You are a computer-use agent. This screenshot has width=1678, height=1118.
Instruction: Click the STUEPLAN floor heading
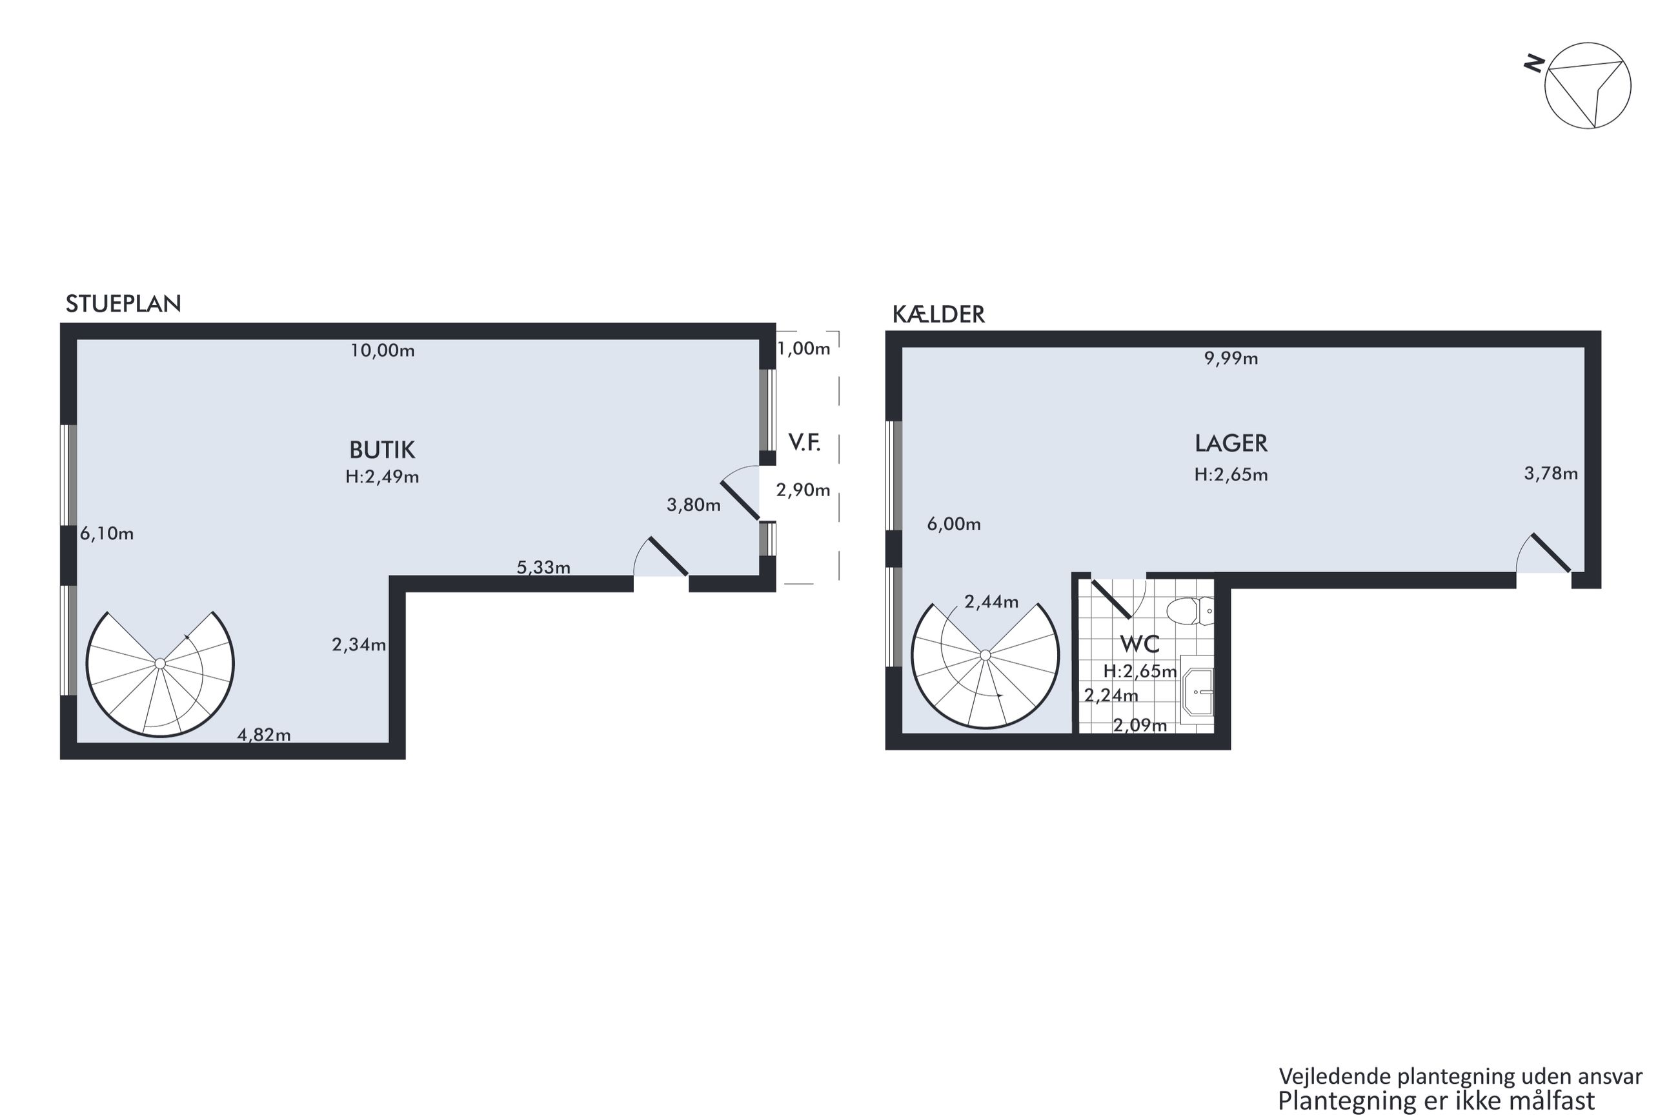(x=123, y=304)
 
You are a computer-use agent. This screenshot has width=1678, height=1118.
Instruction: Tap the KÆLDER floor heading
(x=938, y=314)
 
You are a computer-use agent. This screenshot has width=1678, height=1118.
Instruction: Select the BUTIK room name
(x=381, y=450)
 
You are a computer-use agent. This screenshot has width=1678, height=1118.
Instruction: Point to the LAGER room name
(x=1231, y=443)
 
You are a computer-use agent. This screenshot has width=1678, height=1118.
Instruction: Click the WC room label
(x=1140, y=644)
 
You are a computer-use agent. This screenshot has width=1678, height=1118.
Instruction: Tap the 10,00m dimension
(x=382, y=351)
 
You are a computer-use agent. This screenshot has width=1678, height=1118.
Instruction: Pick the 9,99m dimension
(x=1231, y=359)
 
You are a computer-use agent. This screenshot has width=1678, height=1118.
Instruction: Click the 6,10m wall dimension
(x=106, y=534)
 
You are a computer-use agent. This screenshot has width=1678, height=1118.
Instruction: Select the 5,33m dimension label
(x=543, y=568)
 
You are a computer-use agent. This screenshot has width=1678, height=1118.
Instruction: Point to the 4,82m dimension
(x=264, y=734)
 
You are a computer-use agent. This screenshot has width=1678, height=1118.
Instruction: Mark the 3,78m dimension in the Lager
(x=1551, y=474)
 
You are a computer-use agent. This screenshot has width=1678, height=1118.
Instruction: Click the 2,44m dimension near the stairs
(x=991, y=602)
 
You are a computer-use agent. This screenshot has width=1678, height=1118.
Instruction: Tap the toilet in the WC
(x=1189, y=611)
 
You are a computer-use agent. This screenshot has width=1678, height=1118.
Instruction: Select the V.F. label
(x=804, y=443)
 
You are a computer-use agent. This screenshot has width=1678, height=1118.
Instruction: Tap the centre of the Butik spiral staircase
(x=161, y=664)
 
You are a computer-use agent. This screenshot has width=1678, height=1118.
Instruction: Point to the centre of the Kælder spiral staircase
(x=986, y=655)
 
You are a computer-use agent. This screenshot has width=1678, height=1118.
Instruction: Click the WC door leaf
(x=1112, y=599)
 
